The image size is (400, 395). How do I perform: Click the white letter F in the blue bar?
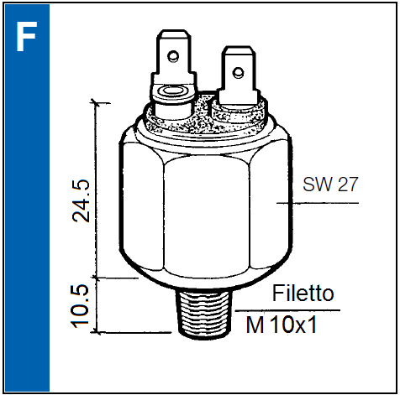click(x=26, y=36)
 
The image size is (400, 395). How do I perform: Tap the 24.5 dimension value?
click(x=81, y=200)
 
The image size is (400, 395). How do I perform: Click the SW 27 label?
click(x=330, y=185)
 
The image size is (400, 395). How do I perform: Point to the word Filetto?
click(x=303, y=294)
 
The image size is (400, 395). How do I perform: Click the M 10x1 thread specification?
click(x=282, y=325)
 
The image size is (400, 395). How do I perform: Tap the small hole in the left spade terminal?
click(x=173, y=56)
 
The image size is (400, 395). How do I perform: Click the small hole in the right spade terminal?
click(x=238, y=72)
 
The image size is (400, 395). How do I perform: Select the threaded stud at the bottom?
click(x=204, y=313)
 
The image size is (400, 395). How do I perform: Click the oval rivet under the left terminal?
click(x=173, y=91)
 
